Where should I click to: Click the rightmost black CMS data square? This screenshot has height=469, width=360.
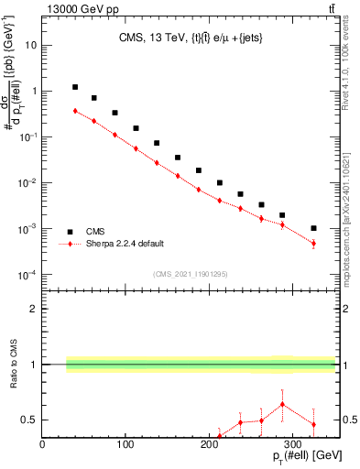coord(313,228)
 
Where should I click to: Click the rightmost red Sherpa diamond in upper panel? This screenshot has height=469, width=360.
coord(313,244)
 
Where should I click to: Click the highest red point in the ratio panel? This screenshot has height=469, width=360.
coord(282,404)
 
